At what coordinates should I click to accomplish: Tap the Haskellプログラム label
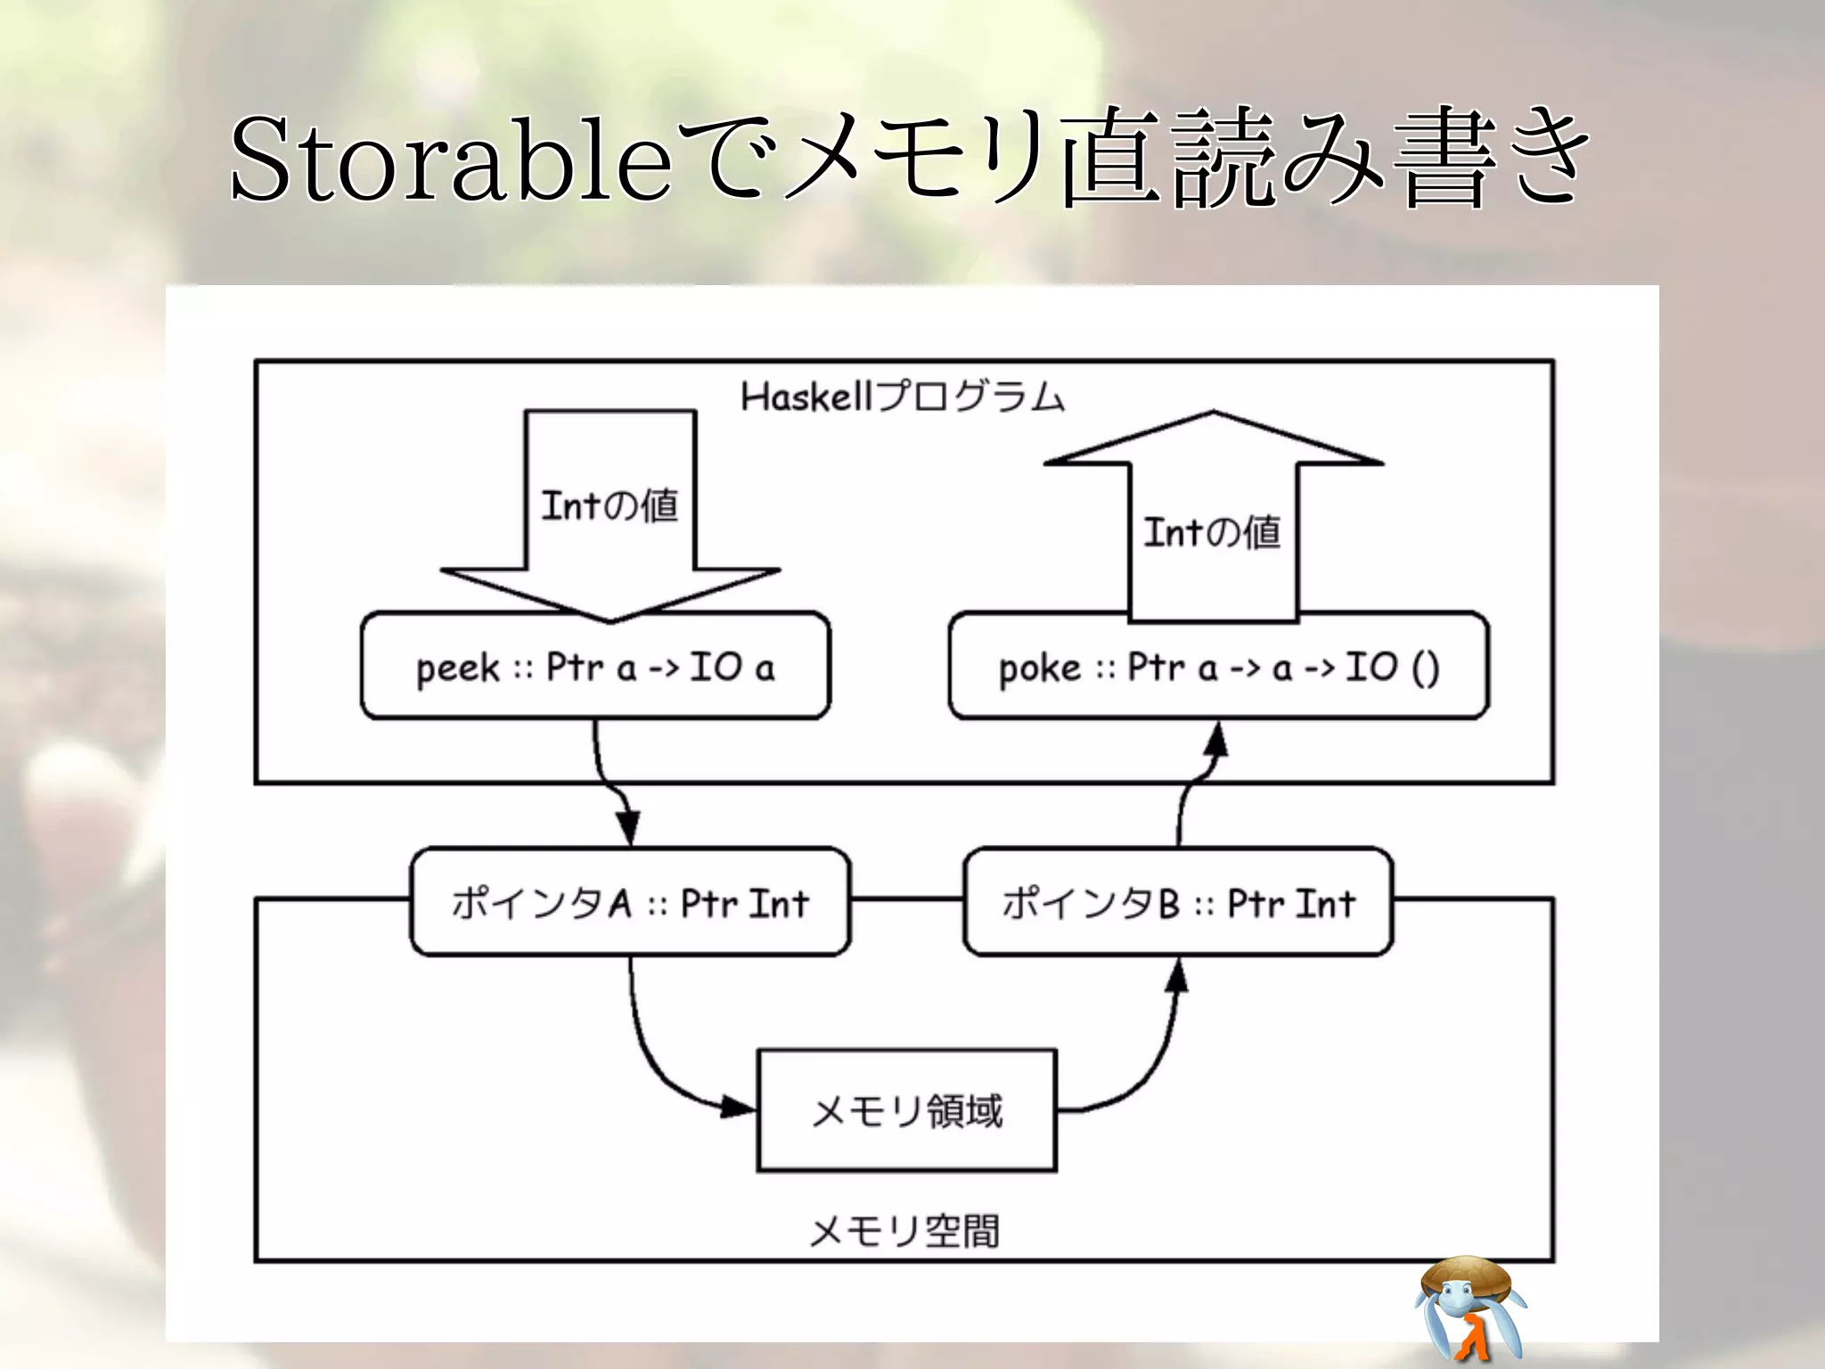[x=902, y=397]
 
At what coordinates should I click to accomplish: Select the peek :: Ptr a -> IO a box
[x=595, y=667]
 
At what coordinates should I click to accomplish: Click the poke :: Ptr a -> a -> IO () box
[x=1218, y=667]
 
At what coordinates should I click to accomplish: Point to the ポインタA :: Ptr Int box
[x=630, y=902]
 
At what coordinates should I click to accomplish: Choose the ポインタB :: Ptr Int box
[x=1178, y=902]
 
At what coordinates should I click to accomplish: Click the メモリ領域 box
[x=906, y=1111]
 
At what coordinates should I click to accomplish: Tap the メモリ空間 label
[x=904, y=1231]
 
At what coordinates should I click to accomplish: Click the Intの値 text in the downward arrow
[x=610, y=505]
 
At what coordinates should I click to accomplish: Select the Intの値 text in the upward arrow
[x=1212, y=532]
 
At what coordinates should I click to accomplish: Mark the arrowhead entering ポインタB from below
[x=1178, y=976]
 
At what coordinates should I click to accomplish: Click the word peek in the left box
[x=457, y=668]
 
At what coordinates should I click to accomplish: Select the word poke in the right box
[x=1039, y=668]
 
